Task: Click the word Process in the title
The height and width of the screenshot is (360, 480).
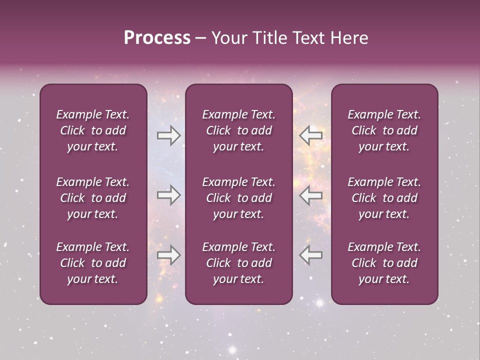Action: coord(157,38)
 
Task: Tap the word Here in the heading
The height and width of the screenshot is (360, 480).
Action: coord(348,38)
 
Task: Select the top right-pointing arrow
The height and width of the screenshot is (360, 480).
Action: coord(168,135)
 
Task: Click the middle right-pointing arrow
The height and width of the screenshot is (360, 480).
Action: coord(168,195)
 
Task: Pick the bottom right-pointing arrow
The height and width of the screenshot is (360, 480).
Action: coord(168,254)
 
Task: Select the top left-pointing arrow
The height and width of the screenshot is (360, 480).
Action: coord(311,135)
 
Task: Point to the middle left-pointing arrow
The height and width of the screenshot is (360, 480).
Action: coord(311,195)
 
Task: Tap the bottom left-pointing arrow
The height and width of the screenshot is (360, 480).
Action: coord(311,254)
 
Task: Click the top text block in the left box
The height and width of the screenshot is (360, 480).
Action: coord(93,130)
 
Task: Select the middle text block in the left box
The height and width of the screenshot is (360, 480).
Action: coord(93,198)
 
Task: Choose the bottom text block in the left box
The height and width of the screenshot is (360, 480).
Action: coord(93,263)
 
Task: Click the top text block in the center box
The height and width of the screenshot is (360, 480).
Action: coord(239,130)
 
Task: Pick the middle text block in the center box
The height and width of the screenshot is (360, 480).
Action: coord(239,198)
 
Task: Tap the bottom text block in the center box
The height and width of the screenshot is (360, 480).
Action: coord(239,263)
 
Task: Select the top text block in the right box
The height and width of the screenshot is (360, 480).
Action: coord(384,130)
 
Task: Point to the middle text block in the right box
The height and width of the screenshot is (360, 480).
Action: coord(384,198)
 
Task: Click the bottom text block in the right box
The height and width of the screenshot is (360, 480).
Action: coord(384,263)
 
